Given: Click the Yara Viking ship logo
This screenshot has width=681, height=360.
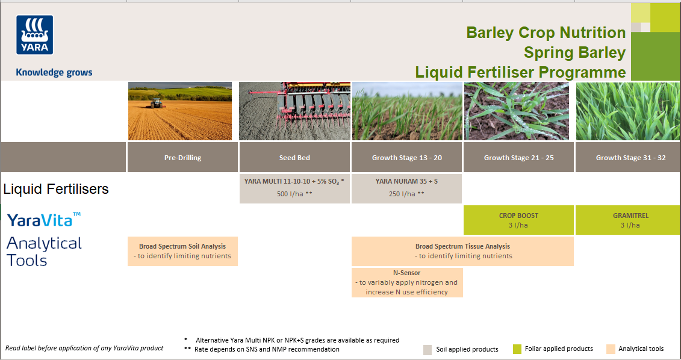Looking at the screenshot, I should (35, 35).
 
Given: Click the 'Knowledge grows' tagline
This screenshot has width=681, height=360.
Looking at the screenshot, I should (54, 72).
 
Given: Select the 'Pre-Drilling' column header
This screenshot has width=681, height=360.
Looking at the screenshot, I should (182, 158).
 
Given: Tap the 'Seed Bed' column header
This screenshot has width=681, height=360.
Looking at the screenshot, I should (294, 158).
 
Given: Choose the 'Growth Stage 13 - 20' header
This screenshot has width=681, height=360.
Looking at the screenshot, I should (407, 158).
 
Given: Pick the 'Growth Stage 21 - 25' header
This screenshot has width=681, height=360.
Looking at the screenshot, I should (519, 158).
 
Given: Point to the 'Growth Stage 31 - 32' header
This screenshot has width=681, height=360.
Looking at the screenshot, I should (631, 158).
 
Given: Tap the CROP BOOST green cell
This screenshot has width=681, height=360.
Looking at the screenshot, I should (519, 220).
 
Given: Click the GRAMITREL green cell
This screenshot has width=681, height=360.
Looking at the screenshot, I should (628, 220).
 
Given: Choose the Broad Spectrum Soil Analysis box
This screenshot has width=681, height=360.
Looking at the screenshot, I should (182, 251).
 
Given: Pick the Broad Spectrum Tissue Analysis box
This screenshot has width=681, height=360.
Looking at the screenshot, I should (462, 251).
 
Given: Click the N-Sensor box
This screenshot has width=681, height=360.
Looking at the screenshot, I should (407, 282).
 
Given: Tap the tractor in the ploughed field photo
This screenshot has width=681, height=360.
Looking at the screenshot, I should (157, 103).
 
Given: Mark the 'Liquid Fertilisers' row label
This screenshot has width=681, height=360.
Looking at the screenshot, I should (56, 189).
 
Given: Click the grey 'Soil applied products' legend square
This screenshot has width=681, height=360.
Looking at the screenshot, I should (428, 350).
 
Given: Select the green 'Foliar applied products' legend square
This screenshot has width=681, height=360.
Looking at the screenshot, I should (517, 349).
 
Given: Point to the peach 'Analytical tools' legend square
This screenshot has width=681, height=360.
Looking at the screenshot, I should (611, 349).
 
